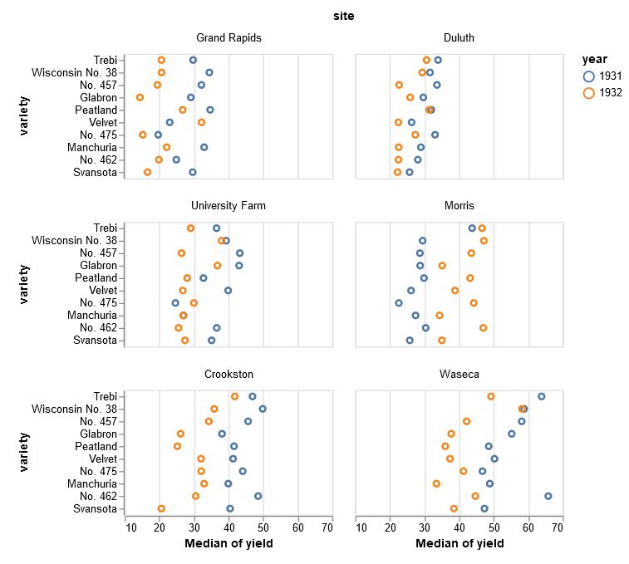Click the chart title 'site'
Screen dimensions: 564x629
point(343,16)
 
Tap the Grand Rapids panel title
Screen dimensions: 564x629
point(229,38)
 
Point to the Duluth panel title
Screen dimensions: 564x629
point(459,38)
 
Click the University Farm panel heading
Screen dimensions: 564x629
point(229,206)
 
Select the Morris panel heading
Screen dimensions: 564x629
point(459,206)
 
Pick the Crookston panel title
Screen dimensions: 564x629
point(229,375)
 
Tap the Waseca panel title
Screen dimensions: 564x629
point(459,375)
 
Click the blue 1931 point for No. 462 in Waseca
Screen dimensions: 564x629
point(548,496)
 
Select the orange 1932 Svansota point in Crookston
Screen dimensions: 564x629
point(161,508)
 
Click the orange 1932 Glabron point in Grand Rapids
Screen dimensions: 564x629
point(140,97)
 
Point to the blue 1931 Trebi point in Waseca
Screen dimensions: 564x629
point(542,396)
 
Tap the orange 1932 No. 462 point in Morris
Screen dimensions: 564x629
point(483,328)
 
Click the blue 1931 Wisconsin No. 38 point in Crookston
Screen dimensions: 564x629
point(263,409)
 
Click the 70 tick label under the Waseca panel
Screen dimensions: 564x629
point(563,526)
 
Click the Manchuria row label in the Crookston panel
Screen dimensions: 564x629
point(92,483)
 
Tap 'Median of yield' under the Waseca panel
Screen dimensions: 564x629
point(459,544)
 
